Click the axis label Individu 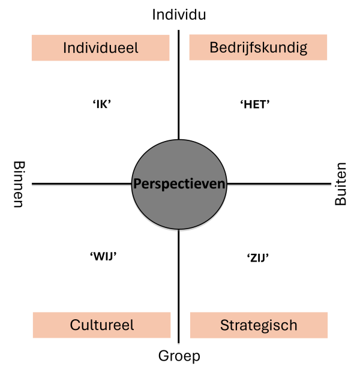pos(179,14)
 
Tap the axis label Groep pos(179,356)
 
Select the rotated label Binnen pos(19,184)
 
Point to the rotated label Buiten pos(340,184)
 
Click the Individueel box pos(101,48)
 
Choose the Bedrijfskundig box pos(258,47)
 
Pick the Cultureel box pos(101,325)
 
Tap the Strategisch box pos(259,325)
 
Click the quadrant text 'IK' pos(102,104)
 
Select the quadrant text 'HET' pos(255,104)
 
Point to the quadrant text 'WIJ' pos(103,257)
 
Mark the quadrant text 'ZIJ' pos(258,258)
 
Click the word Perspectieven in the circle pos(179,184)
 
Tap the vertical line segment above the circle pos(179,85)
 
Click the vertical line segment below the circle pos(179,286)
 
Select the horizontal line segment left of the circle pos(82,184)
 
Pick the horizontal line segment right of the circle pos(279,184)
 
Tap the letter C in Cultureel pos(75,325)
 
